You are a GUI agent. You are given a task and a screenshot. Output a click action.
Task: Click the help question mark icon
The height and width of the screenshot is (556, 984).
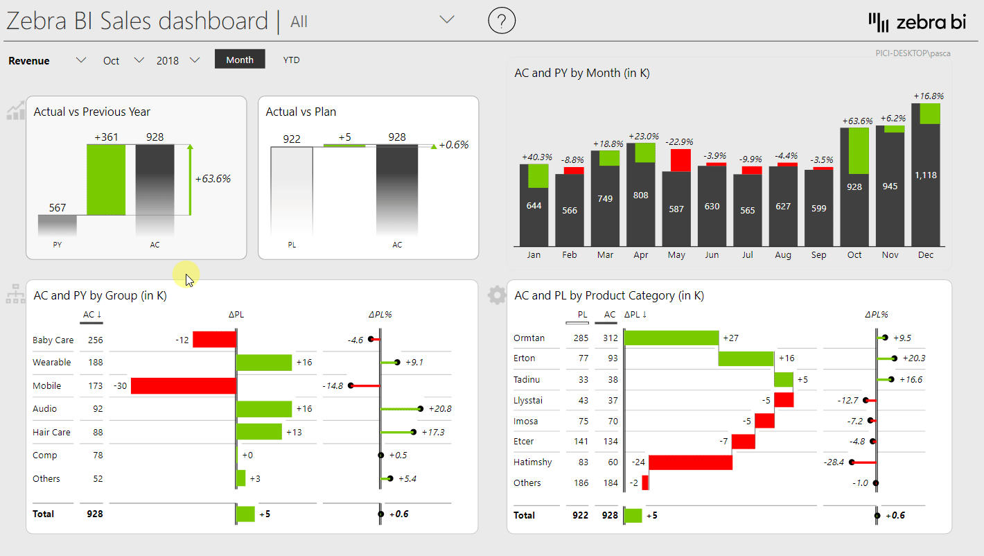click(x=502, y=21)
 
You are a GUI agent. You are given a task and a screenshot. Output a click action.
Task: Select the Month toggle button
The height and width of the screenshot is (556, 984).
click(x=240, y=60)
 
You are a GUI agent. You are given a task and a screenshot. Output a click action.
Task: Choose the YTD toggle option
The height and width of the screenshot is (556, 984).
click(x=291, y=60)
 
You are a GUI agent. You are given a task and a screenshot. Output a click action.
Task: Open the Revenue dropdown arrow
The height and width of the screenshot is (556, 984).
click(x=81, y=60)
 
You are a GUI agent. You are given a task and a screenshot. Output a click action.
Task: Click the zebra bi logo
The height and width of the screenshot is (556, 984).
click(x=917, y=22)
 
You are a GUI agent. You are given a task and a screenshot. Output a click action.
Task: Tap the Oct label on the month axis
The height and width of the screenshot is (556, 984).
click(x=854, y=255)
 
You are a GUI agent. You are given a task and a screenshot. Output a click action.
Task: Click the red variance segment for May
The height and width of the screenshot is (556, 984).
click(x=680, y=160)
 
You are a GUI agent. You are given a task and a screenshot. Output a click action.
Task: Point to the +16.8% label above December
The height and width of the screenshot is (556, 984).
click(x=928, y=96)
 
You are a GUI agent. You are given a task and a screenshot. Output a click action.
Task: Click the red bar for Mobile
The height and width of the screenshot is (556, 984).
click(x=183, y=385)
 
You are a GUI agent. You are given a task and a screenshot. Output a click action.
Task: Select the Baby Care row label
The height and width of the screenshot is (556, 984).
click(x=53, y=340)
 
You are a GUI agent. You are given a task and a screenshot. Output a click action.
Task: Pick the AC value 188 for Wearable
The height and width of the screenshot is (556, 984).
click(x=95, y=362)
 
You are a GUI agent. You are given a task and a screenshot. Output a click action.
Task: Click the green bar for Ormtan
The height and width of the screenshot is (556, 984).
click(x=671, y=338)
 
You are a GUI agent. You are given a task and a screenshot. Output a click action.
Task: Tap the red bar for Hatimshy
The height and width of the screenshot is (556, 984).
click(x=690, y=462)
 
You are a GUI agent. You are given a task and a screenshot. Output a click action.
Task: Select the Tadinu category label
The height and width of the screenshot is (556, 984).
click(x=527, y=379)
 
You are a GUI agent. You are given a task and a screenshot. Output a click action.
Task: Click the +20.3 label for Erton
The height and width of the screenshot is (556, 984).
click(x=913, y=358)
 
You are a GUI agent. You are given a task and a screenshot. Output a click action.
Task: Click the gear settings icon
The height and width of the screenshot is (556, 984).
click(x=496, y=295)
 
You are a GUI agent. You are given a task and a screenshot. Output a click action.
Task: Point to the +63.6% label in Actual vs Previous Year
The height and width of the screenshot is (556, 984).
click(x=213, y=179)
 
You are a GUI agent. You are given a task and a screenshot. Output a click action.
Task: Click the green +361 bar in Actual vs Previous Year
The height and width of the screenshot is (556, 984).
click(x=106, y=180)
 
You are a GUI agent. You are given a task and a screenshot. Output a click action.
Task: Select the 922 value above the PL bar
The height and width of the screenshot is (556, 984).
click(x=292, y=139)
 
